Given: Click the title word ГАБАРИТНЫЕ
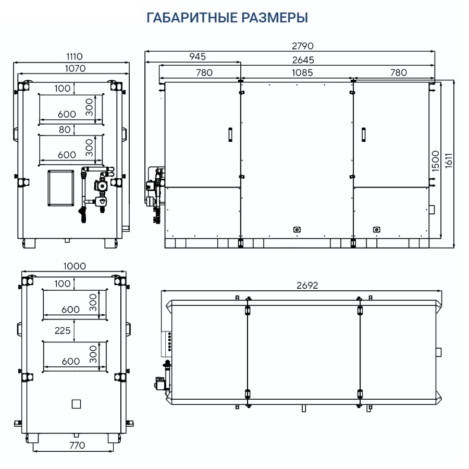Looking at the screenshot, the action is point(192,17).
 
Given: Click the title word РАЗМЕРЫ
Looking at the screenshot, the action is point(275,17).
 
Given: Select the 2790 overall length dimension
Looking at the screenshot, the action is point(303,46).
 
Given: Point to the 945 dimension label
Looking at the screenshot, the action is point(198,56).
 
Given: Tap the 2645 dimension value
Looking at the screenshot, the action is point(303,60).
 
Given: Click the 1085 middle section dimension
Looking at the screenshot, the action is point(302,72).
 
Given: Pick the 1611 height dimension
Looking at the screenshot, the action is point(448,161).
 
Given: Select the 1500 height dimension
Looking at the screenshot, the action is point(436,161).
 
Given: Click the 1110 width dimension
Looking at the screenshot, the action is point(74,56).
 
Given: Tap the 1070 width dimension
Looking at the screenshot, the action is point(75,68).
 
